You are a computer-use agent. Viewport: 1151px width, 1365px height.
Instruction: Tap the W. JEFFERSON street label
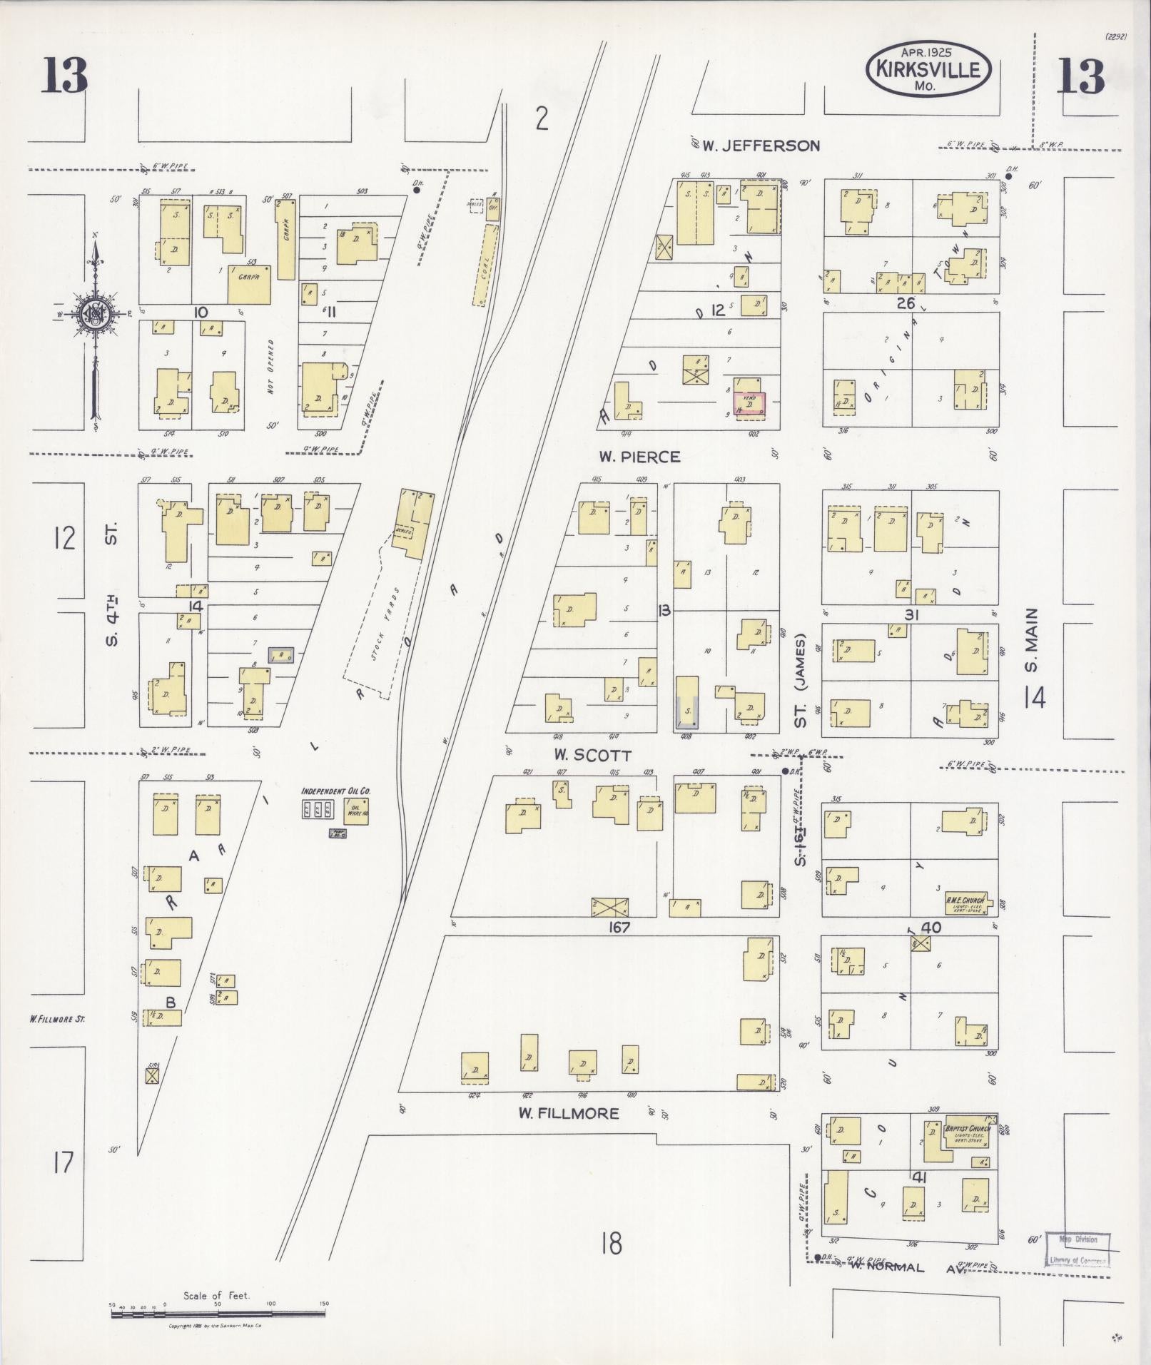point(761,146)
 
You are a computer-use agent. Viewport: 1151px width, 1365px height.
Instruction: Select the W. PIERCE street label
point(639,457)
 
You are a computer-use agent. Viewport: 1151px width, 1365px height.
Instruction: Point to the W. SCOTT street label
point(593,755)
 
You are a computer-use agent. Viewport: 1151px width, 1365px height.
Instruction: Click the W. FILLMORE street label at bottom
point(569,1113)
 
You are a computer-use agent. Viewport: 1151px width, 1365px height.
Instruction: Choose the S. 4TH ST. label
point(111,585)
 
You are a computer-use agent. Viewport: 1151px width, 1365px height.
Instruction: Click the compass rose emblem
point(96,314)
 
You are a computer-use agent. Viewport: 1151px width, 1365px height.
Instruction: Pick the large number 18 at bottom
point(612,1243)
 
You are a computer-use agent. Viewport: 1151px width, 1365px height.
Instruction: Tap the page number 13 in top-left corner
point(64,76)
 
